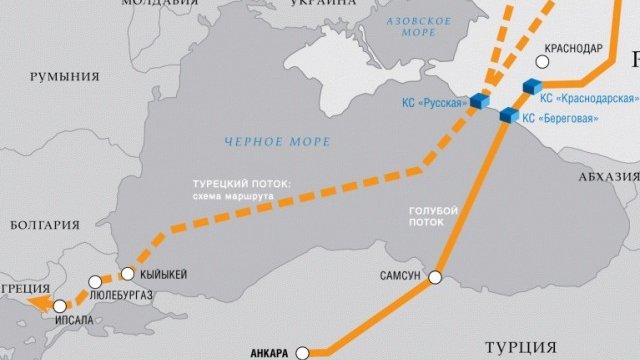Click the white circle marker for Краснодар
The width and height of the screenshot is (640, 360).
pyautogui.click(x=539, y=61)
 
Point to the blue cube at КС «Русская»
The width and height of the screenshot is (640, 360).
pyautogui.click(x=480, y=101)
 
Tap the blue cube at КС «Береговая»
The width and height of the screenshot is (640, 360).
pyautogui.click(x=508, y=116)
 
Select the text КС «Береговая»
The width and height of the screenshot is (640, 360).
pyautogui.click(x=564, y=118)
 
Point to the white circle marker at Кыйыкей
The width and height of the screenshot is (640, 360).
pyautogui.click(x=128, y=273)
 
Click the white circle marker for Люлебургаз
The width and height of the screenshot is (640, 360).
pyautogui.click(x=95, y=282)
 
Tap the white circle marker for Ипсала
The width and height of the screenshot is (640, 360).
pyautogui.click(x=61, y=305)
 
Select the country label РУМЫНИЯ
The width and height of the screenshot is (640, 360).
pyautogui.click(x=65, y=76)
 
